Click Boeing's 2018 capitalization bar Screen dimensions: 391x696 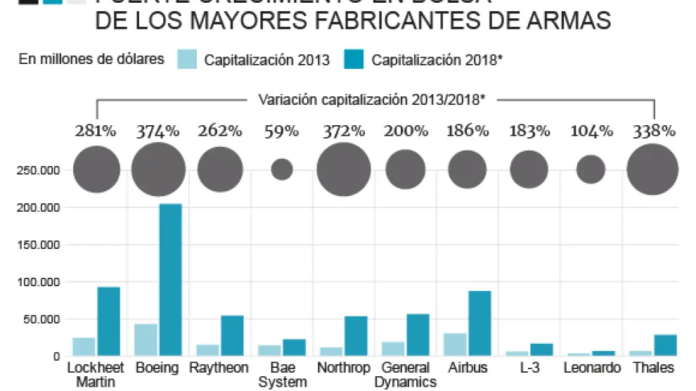click(x=170, y=279)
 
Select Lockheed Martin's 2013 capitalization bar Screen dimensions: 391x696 click(x=84, y=347)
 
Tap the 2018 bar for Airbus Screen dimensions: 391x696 click(x=479, y=323)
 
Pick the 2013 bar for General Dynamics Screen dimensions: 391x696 click(x=393, y=349)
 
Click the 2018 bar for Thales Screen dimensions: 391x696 click(x=665, y=345)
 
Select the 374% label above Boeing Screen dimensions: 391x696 click(x=158, y=131)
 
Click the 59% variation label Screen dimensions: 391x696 click(x=282, y=131)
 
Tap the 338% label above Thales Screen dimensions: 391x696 click(x=653, y=131)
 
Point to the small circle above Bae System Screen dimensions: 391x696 click(x=282, y=169)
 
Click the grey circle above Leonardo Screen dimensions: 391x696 click(x=591, y=169)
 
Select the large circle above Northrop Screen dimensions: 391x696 click(x=343, y=169)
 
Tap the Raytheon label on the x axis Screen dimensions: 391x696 click(x=220, y=368)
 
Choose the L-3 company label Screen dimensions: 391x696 click(x=529, y=368)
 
